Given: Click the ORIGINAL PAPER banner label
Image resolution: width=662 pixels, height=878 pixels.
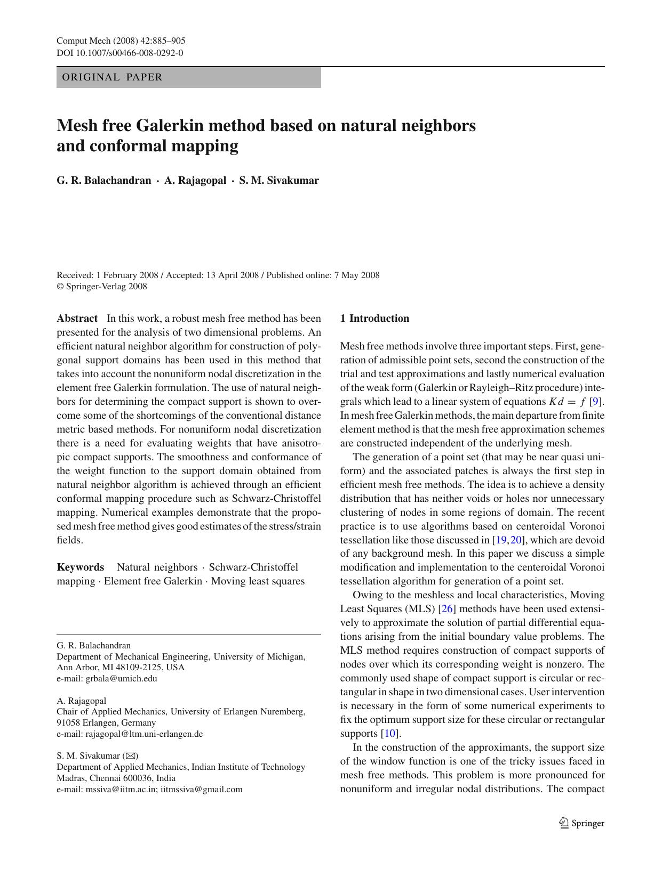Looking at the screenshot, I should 112,77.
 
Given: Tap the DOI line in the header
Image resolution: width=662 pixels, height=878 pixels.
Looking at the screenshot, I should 119,53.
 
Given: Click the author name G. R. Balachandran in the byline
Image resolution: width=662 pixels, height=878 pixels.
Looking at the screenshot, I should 104,181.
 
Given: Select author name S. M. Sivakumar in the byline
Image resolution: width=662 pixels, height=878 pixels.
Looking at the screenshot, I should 278,181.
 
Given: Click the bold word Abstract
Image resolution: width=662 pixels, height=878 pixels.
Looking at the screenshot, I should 77,319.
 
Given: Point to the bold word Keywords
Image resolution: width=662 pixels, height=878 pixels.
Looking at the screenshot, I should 81,567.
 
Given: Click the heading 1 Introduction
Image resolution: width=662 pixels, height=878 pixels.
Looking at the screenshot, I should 374,319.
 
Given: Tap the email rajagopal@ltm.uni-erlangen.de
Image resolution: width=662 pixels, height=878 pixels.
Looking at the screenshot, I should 144,734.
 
